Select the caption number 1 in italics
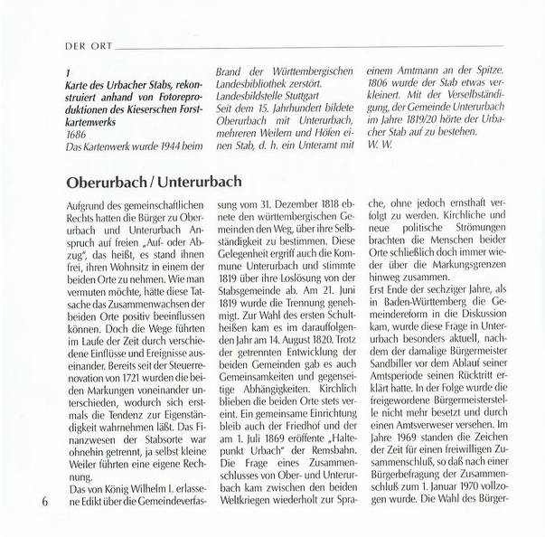(69, 69)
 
